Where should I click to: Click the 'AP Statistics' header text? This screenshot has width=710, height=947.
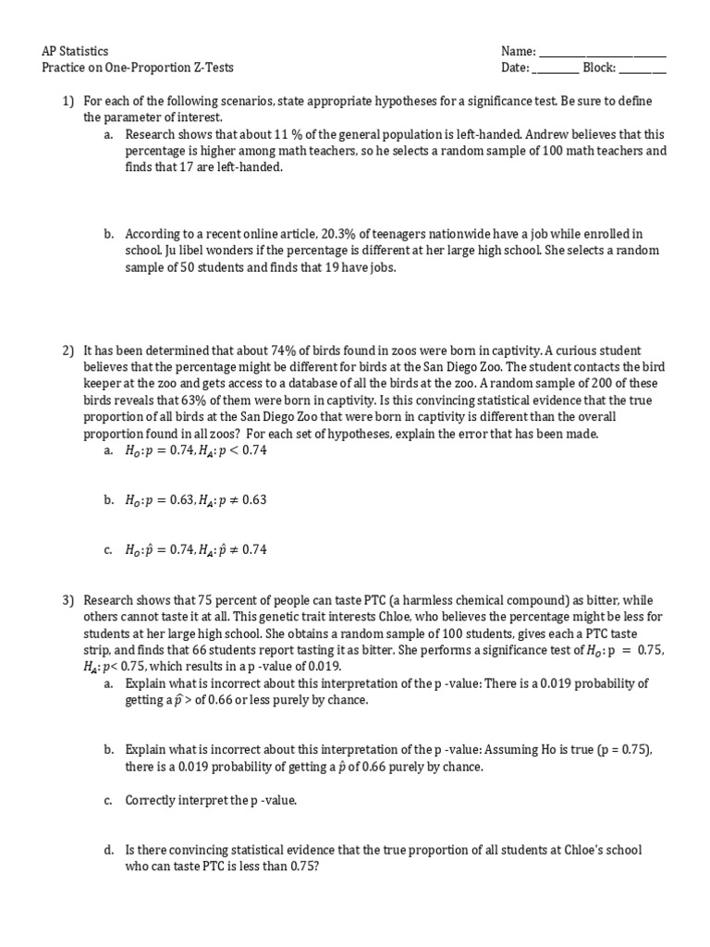(76, 52)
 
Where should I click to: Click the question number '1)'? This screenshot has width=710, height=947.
(67, 101)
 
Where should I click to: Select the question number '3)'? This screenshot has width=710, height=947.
(67, 600)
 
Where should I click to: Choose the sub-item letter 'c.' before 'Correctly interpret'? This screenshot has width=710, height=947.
(108, 800)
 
